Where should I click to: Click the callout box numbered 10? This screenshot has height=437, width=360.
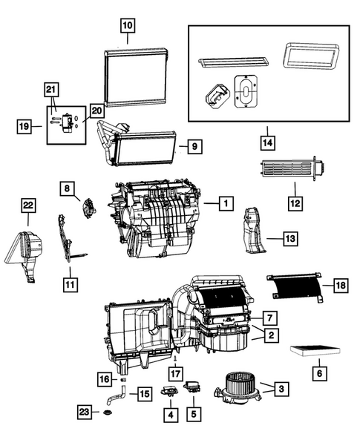click(128, 27)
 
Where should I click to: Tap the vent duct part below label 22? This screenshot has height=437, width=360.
click(25, 255)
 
